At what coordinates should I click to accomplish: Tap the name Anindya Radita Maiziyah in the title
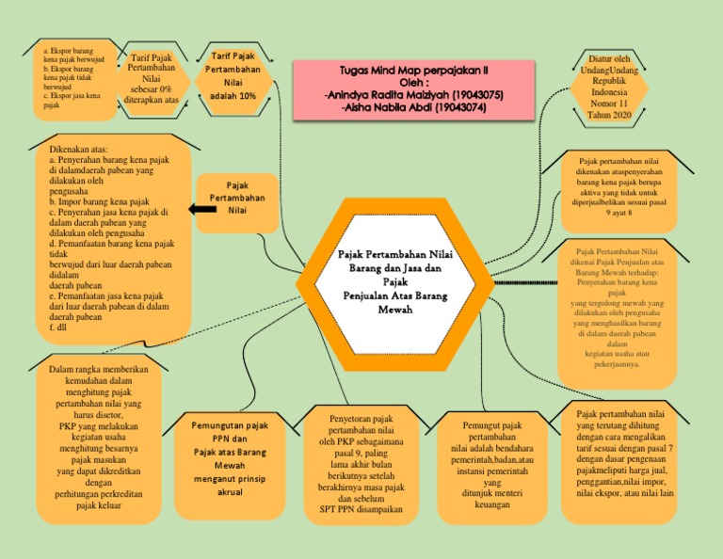pos(393,94)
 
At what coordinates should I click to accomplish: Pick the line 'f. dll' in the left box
pos(59,328)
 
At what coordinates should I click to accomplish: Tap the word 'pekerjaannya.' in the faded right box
pos(618,363)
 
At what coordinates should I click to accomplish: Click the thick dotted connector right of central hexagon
pos(522,282)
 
